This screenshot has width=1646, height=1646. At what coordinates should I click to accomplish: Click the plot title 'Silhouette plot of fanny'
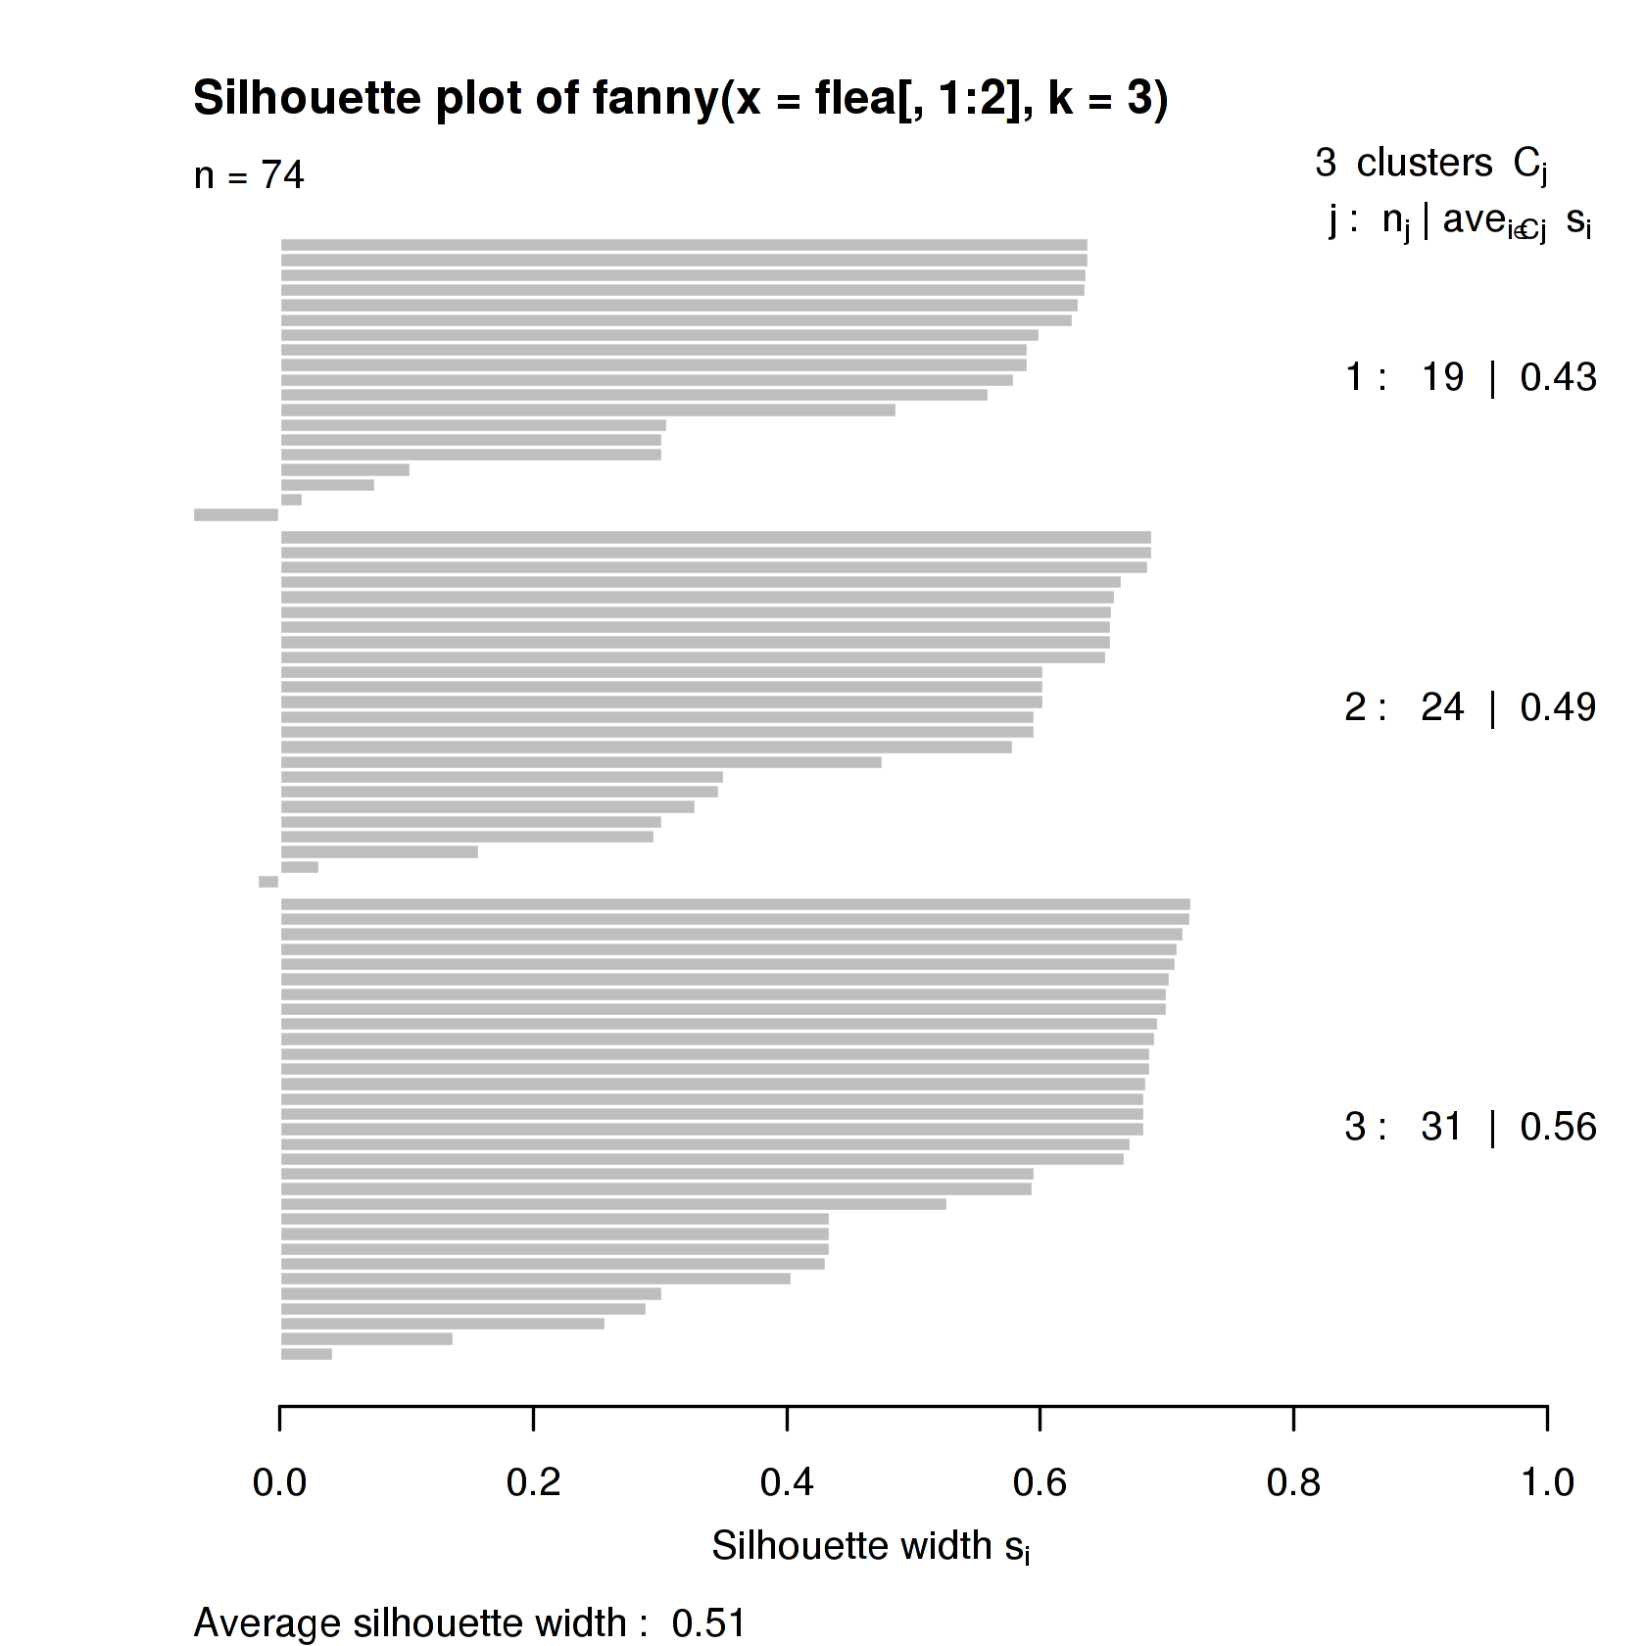pyautogui.click(x=680, y=99)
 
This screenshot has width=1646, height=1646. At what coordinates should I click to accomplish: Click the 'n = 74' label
pyautogui.click(x=249, y=175)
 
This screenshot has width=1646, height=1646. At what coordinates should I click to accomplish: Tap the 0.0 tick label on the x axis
pyautogui.click(x=279, y=1482)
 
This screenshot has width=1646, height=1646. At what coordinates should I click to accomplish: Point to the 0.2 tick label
pyautogui.click(x=533, y=1482)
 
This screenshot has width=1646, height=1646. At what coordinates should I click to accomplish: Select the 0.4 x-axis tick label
pyautogui.click(x=787, y=1482)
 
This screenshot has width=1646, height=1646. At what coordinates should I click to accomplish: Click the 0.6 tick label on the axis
pyautogui.click(x=1040, y=1482)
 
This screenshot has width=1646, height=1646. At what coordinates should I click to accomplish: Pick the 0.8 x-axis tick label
pyautogui.click(x=1293, y=1482)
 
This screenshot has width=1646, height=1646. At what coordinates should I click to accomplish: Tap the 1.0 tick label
pyautogui.click(x=1547, y=1482)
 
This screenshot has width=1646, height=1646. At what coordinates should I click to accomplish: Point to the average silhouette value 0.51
pyautogui.click(x=708, y=1623)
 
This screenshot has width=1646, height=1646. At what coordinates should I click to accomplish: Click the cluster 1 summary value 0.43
pyautogui.click(x=1558, y=377)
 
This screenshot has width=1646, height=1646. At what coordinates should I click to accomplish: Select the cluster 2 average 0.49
pyautogui.click(x=1558, y=707)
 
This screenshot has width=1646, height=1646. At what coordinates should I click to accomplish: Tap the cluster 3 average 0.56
pyautogui.click(x=1558, y=1127)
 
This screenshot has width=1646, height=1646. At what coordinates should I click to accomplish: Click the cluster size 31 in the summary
pyautogui.click(x=1441, y=1127)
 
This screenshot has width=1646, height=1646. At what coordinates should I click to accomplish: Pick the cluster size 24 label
pyautogui.click(x=1441, y=707)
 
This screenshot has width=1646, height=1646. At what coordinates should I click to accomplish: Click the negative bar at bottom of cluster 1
pyautogui.click(x=236, y=514)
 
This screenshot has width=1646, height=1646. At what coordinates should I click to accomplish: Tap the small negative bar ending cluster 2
pyautogui.click(x=268, y=882)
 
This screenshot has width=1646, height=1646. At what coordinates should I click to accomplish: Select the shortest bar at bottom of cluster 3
pyautogui.click(x=307, y=1354)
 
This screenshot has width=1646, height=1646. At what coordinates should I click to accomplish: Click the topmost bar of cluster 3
pyautogui.click(x=735, y=904)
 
